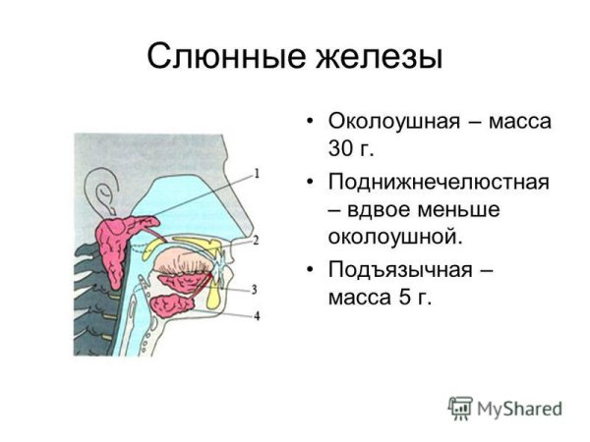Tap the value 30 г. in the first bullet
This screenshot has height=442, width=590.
click(352, 150)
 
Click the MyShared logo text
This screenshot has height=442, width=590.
click(519, 408)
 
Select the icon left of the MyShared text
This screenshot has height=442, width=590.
click(459, 408)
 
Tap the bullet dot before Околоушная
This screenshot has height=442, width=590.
click(310, 124)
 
